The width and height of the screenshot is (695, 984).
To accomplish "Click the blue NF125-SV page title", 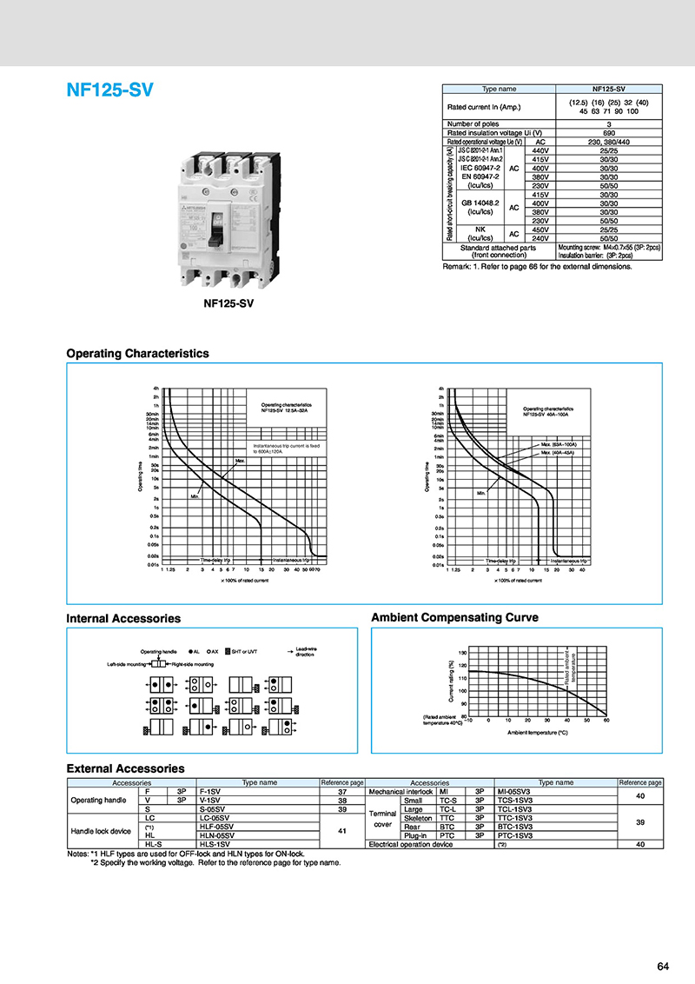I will click(109, 90).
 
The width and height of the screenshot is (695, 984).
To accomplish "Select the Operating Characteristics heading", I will click(138, 354).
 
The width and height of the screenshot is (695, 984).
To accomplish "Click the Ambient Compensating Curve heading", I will click(454, 618).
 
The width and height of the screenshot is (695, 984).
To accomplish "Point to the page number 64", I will click(663, 967).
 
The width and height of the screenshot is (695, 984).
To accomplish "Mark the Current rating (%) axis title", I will click(452, 682).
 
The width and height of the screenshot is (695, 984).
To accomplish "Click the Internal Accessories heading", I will click(123, 619).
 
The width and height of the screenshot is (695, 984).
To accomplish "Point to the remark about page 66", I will click(537, 266).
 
